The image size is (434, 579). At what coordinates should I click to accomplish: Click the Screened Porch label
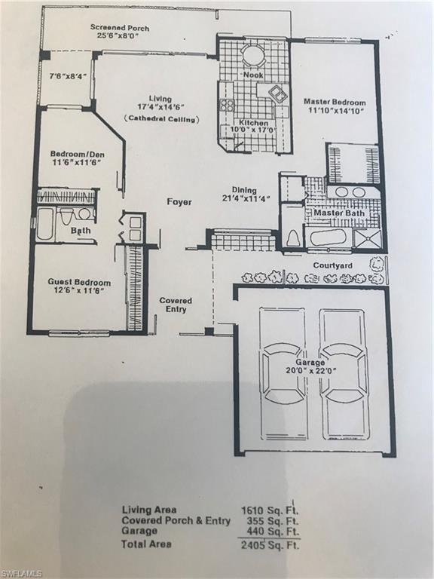tap(119, 28)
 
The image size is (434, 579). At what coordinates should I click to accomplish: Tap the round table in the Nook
tap(252, 55)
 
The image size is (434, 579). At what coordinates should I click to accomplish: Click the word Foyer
tap(179, 202)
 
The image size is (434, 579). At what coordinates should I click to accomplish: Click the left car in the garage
tap(283, 374)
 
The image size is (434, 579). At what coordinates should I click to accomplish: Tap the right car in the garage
tap(344, 374)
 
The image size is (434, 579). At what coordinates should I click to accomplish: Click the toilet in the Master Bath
tap(293, 237)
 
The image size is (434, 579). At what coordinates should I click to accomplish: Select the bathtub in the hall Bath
tap(44, 224)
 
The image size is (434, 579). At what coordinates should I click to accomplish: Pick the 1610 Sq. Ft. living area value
tap(268, 510)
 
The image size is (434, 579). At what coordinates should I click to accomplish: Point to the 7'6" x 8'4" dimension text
tap(64, 76)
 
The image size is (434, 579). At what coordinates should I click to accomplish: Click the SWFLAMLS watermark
tap(22, 573)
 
